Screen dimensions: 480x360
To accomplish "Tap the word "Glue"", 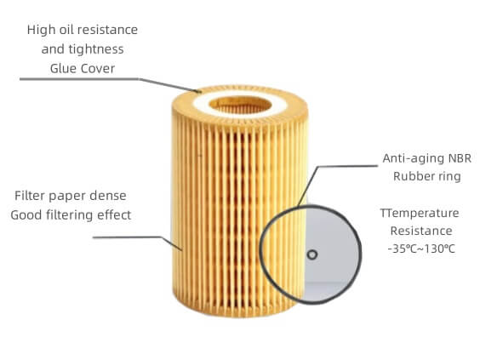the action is coord(63,68).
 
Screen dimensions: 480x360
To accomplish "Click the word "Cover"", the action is coord(98,68).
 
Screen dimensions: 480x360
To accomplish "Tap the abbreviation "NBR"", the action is coord(460,158).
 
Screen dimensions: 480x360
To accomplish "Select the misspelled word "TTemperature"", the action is coord(420,214).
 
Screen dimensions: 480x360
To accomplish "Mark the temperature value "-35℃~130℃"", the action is coord(421,249).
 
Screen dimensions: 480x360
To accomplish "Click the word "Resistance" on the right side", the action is coord(421,231).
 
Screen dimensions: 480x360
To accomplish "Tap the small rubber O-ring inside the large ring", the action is coord(312,254).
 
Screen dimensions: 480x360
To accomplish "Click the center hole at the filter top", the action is coord(240,105).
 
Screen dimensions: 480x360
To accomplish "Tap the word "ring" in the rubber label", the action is coord(449,177).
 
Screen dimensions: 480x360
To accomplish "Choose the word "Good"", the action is coord(26,215).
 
